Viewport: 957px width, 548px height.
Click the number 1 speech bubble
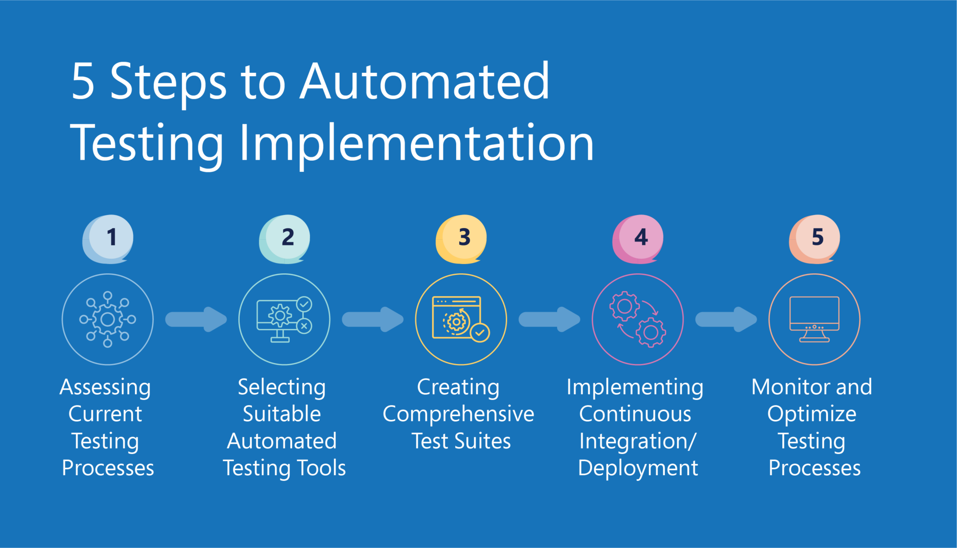coord(108,238)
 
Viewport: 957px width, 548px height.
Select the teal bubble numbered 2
coord(285,238)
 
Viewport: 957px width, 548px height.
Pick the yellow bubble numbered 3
coord(461,238)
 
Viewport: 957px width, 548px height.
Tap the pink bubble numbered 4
coord(638,238)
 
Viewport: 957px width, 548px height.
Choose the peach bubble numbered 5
coord(814,238)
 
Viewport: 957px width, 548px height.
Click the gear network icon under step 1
coord(107,320)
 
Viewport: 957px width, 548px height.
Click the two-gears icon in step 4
coord(638,320)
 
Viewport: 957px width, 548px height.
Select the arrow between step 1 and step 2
coord(196,320)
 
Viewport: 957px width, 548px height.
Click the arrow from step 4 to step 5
coord(726,320)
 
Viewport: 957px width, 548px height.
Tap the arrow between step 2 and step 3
coord(373,320)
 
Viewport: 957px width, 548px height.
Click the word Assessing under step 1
coord(105,387)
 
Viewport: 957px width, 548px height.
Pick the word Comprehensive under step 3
coord(458,414)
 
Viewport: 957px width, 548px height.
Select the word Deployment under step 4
coord(638,468)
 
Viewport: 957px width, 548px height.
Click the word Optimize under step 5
coord(812,414)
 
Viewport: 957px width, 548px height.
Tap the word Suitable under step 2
coord(282,414)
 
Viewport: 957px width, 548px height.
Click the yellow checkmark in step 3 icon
coord(480,333)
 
